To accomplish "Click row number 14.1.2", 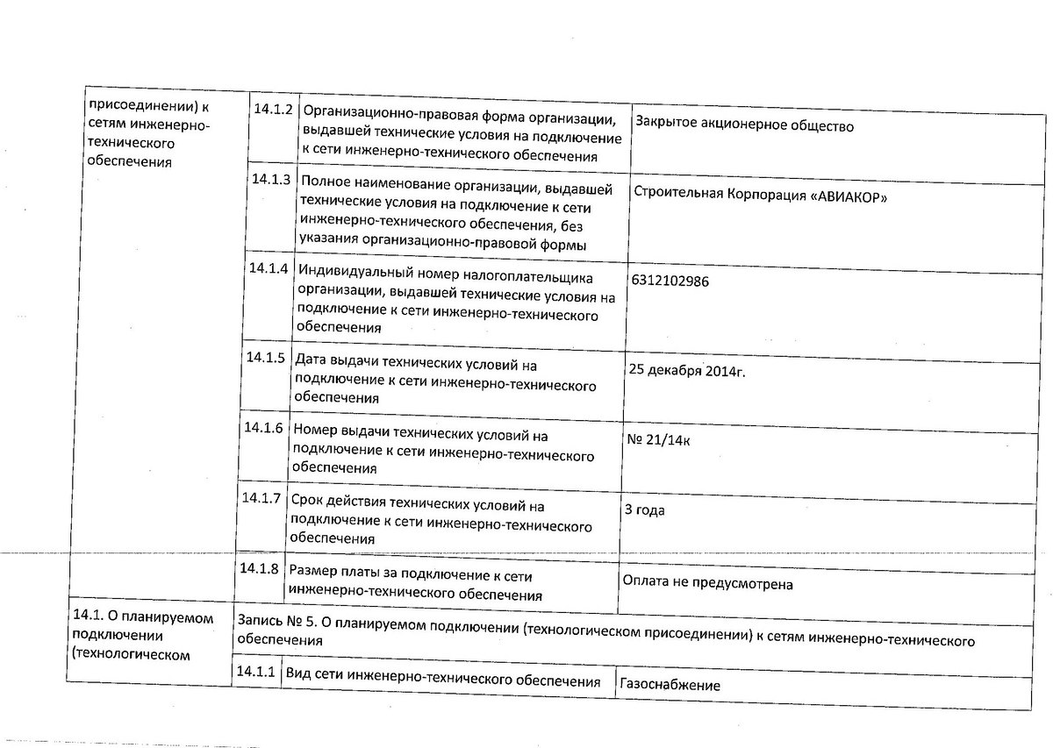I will pyautogui.click(x=271, y=110).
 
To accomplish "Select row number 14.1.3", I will pyautogui.click(x=270, y=180).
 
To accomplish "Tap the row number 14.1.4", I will pyautogui.click(x=268, y=268).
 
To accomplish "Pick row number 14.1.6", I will pyautogui.click(x=263, y=429).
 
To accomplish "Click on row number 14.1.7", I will pyautogui.click(x=261, y=498).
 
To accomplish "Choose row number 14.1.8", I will pyautogui.click(x=259, y=568).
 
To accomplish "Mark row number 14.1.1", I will pyautogui.click(x=255, y=673).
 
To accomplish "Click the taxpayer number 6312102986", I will pyautogui.click(x=670, y=281).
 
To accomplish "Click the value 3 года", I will pyautogui.click(x=644, y=510).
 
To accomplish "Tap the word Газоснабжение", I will pyautogui.click(x=670, y=685).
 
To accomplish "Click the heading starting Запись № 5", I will pyautogui.click(x=606, y=631).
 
